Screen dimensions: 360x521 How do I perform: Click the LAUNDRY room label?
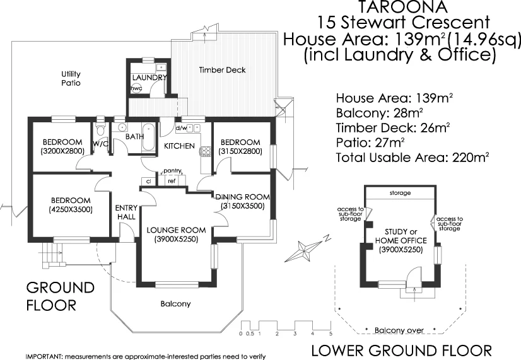149,78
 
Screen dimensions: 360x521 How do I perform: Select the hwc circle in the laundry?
136,89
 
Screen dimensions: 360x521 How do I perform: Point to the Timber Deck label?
222,70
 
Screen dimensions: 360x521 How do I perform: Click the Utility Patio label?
71,78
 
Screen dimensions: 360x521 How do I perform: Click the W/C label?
101,144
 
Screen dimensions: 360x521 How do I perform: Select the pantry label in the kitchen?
172,171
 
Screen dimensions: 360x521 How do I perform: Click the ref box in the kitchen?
171,181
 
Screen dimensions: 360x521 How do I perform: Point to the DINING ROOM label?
243,196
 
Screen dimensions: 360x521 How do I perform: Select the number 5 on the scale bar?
331,333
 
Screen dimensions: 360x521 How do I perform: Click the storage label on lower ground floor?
400,193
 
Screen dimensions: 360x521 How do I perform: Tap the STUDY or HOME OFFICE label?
401,236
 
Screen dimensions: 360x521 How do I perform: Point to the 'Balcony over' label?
399,330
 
